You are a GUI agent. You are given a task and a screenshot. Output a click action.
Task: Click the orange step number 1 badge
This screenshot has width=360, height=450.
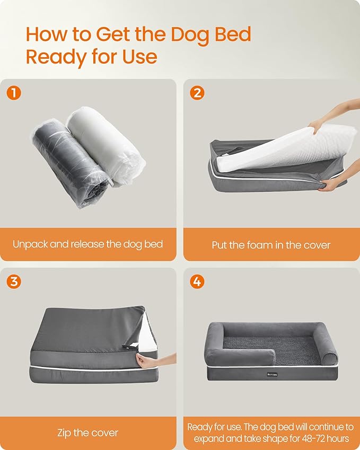14,93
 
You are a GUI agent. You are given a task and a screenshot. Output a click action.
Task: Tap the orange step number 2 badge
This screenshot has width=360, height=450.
197,93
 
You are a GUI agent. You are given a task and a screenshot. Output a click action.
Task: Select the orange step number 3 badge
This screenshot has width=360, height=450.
14,281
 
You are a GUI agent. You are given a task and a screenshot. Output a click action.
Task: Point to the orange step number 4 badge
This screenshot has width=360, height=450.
197,281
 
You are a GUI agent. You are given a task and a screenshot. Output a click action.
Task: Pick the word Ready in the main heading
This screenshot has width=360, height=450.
57,56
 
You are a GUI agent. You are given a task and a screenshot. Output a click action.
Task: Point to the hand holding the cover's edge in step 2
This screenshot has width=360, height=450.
331,184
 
